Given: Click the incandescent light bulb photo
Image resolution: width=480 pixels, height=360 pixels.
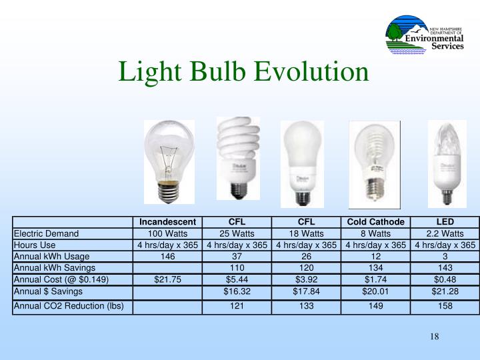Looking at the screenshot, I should point(169,161).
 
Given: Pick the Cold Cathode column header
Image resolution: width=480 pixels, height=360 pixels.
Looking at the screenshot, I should point(375,222).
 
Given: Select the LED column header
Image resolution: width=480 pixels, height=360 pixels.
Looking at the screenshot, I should point(445,222).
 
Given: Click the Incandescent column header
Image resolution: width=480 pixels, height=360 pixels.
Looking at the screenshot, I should point(168,222).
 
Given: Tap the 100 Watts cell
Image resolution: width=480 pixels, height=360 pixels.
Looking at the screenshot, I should point(168,233).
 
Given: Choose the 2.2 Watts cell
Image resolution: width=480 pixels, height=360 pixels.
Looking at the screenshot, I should point(445,233).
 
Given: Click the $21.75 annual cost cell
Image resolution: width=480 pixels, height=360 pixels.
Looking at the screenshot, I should point(168,279).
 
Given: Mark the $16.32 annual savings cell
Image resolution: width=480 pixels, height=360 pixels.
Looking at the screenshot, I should point(237,291).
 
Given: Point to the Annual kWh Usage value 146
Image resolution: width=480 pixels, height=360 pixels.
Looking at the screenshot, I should point(168,256).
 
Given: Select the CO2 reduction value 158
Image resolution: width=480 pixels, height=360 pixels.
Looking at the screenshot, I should point(445,307).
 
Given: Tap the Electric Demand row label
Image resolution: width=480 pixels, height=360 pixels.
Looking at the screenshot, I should point(46,233).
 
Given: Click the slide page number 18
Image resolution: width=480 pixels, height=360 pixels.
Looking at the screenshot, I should point(434,335).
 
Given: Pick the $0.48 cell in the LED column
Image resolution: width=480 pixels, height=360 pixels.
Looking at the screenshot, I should point(445,279).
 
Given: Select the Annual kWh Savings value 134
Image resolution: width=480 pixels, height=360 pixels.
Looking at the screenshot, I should point(375,268).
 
